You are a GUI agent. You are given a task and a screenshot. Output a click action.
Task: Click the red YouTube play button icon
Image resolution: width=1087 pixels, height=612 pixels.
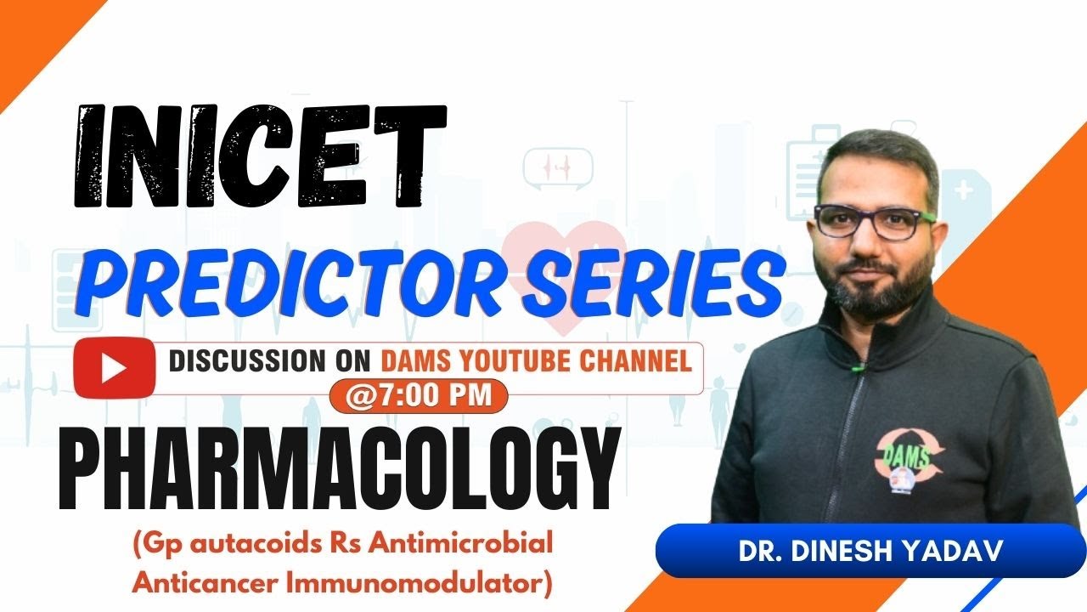pos(114,368)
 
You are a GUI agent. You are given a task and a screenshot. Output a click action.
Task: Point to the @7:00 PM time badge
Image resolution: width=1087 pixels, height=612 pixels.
pos(419,396)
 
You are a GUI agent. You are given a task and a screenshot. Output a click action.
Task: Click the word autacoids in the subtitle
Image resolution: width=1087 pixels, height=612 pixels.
pos(225,544)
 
